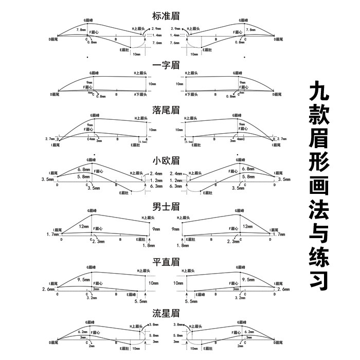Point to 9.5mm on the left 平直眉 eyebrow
coord(84,280)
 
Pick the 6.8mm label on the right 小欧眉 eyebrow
coord(247,169)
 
